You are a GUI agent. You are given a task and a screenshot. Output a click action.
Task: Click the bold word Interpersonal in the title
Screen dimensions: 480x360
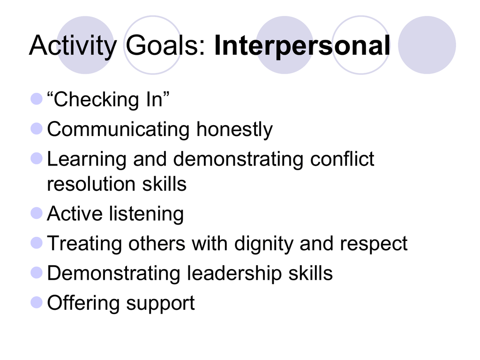pyautogui.click(x=302, y=45)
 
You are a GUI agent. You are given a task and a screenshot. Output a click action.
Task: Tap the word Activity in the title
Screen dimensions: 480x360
pyautogui.click(x=73, y=45)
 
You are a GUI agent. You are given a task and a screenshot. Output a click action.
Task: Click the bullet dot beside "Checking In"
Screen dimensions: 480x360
pyautogui.click(x=37, y=99)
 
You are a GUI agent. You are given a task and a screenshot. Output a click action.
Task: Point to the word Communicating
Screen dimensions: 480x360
pyautogui.click(x=118, y=130)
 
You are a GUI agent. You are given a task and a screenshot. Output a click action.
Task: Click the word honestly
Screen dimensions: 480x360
pyautogui.click(x=234, y=130)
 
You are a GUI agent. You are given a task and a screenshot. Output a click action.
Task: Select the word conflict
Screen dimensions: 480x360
pyautogui.click(x=342, y=159)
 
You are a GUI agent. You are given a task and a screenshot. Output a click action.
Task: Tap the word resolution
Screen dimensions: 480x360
pyautogui.click(x=91, y=184)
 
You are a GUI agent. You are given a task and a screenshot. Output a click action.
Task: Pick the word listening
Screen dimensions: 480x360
pyautogui.click(x=146, y=214)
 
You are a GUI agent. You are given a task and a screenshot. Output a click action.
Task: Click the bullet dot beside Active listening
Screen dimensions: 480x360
pyautogui.click(x=37, y=213)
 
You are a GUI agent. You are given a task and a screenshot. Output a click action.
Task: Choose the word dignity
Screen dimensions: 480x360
pyautogui.click(x=263, y=244)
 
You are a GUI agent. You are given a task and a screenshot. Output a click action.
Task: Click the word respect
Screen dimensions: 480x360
pyautogui.click(x=374, y=244)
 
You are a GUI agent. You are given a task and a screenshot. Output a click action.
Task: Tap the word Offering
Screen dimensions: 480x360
pyautogui.click(x=83, y=303)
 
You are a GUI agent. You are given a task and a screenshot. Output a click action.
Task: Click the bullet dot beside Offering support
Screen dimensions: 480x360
pyautogui.click(x=37, y=302)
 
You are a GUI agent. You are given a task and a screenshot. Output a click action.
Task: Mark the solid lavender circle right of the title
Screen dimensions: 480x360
pyautogui.click(x=427, y=45)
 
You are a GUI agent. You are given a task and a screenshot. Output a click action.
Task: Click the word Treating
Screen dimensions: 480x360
pyautogui.click(x=84, y=244)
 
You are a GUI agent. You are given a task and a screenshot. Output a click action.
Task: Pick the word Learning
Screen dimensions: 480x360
pyautogui.click(x=87, y=159)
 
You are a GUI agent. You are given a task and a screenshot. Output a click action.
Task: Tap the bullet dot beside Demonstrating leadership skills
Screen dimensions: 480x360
pyautogui.click(x=37, y=273)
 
